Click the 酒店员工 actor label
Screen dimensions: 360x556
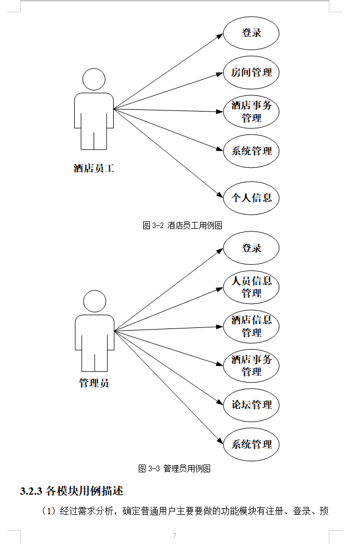(94, 168)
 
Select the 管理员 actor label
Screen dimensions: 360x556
(94, 383)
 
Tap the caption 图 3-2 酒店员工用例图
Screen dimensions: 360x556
(182, 225)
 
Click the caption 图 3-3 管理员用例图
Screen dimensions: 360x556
(174, 469)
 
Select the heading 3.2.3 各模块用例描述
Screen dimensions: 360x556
(72, 491)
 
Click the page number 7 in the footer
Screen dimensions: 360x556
(174, 536)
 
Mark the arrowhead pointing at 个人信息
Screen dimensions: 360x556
(220, 195)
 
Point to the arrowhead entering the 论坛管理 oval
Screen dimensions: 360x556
(220, 402)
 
